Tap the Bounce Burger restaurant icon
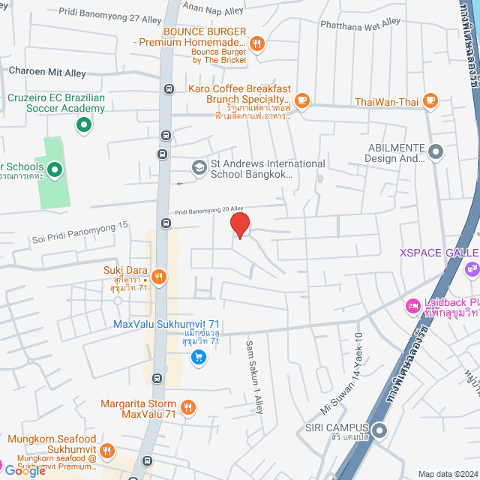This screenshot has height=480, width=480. (256, 43)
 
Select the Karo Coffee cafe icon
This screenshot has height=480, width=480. (302, 99)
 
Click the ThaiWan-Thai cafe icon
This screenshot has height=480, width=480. (430, 100)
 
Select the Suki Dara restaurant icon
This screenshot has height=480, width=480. (158, 277)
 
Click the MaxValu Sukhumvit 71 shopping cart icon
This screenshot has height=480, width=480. (198, 357)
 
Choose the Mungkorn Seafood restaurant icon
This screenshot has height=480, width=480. (107, 451)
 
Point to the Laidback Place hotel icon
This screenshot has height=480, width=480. (412, 307)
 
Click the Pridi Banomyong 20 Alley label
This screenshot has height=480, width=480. (210, 211)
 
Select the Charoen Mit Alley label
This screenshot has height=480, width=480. (46, 71)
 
